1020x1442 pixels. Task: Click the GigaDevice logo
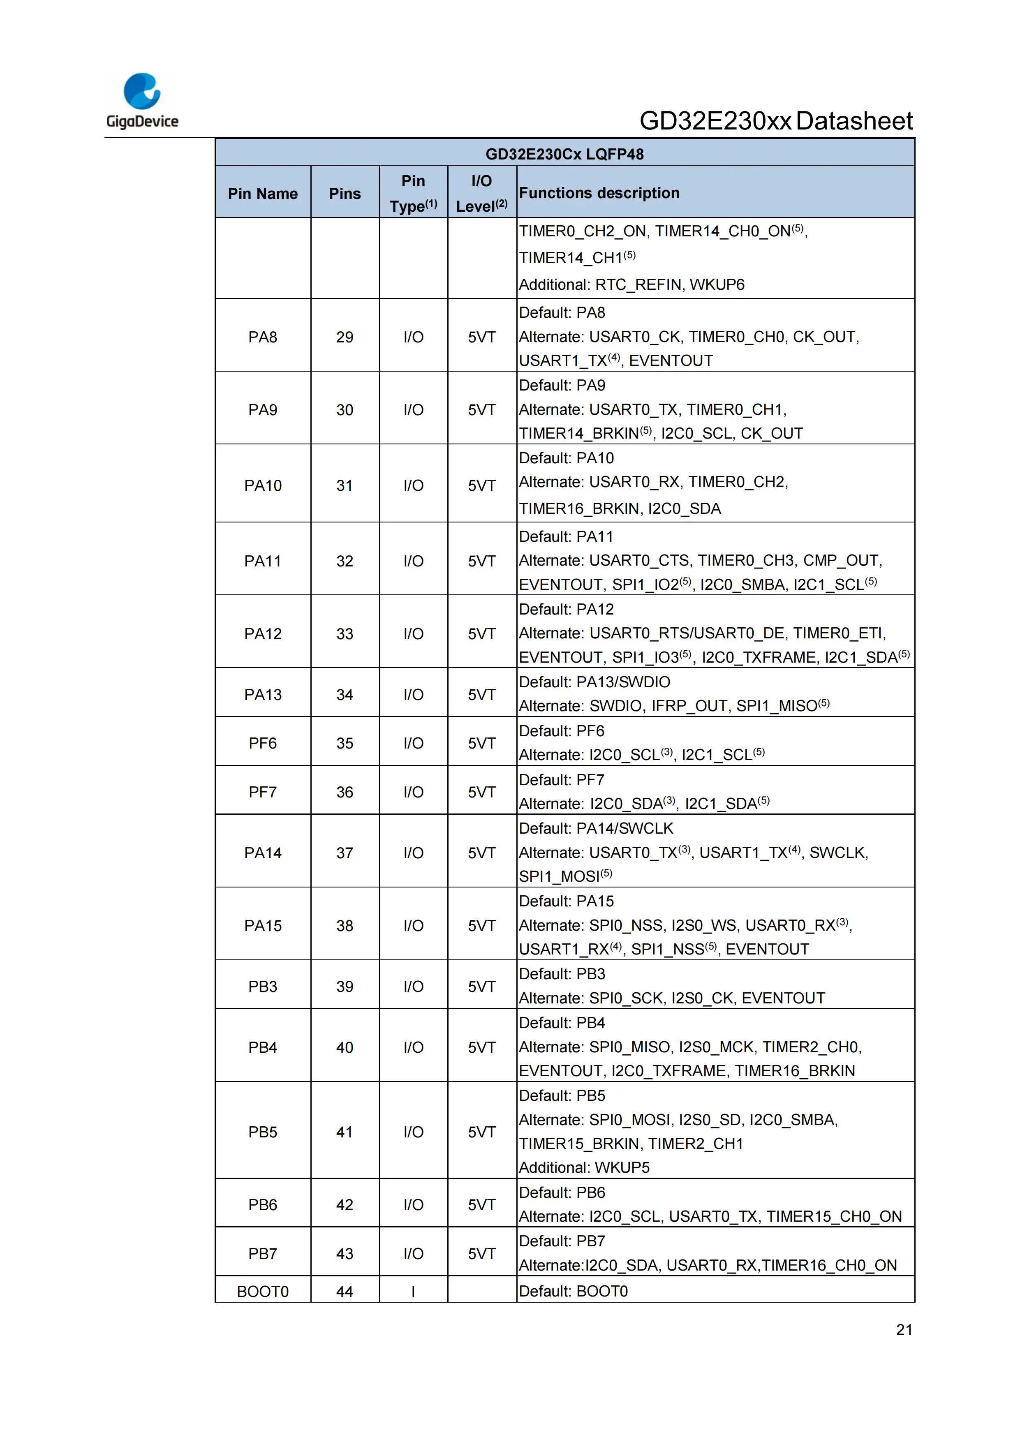point(142,100)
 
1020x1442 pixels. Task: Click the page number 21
point(904,1330)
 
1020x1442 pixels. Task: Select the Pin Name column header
point(263,194)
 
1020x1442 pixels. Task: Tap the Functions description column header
point(599,193)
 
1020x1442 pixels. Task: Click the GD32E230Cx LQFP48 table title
point(564,154)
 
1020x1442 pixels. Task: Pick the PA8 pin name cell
point(263,337)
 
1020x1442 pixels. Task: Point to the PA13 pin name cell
point(263,695)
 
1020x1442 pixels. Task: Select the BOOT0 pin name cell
point(263,1291)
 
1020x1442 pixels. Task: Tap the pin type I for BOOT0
point(413,1291)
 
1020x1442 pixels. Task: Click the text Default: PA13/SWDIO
point(594,682)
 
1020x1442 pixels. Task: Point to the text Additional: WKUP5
point(584,1167)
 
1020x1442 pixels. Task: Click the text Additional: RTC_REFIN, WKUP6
point(631,284)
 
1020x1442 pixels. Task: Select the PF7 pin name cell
point(263,792)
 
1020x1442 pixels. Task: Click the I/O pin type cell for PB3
point(413,987)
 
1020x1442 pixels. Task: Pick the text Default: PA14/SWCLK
point(595,828)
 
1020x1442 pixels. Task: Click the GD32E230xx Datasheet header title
point(776,120)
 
